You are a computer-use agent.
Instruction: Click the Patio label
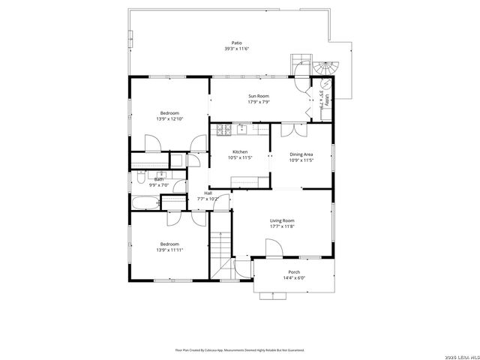tap(236, 43)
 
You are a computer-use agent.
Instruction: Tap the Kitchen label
tap(240, 152)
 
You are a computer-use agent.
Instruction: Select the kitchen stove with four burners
tap(224, 130)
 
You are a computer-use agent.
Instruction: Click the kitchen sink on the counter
tap(242, 130)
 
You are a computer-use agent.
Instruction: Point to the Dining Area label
tap(301, 154)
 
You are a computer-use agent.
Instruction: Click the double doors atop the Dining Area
tap(292, 130)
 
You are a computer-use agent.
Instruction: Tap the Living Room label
tap(282, 220)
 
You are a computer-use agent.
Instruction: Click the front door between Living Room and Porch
tap(271, 247)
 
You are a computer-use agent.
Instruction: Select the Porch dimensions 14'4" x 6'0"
tap(294, 277)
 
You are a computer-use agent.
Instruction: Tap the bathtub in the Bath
tap(144, 202)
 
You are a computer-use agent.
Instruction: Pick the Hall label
tap(208, 193)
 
